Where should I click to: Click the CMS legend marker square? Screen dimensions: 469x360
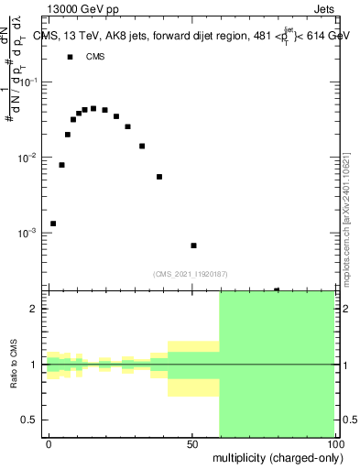pyautogui.click(x=71, y=57)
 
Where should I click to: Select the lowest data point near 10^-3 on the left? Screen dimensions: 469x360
pyautogui.click(x=53, y=224)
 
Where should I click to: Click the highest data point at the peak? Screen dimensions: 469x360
pyautogui.click(x=93, y=108)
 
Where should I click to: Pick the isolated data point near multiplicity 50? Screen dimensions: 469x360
pyautogui.click(x=193, y=245)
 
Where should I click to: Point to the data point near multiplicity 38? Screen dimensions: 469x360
pyautogui.click(x=159, y=177)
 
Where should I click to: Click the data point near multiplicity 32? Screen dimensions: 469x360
pyautogui.click(x=142, y=146)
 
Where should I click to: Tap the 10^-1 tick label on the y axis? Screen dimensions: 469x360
pyautogui.click(x=29, y=82)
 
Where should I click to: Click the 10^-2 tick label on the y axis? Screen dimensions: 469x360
pyautogui.click(x=29, y=158)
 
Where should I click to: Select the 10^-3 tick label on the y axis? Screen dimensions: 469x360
pyautogui.click(x=29, y=234)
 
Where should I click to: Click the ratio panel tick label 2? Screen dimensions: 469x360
pyautogui.click(x=37, y=309)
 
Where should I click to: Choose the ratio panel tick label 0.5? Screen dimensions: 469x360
pyautogui.click(x=33, y=420)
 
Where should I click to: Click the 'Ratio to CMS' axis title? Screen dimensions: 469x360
pyautogui.click(x=13, y=365)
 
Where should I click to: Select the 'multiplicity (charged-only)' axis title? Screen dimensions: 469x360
pyautogui.click(x=274, y=457)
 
